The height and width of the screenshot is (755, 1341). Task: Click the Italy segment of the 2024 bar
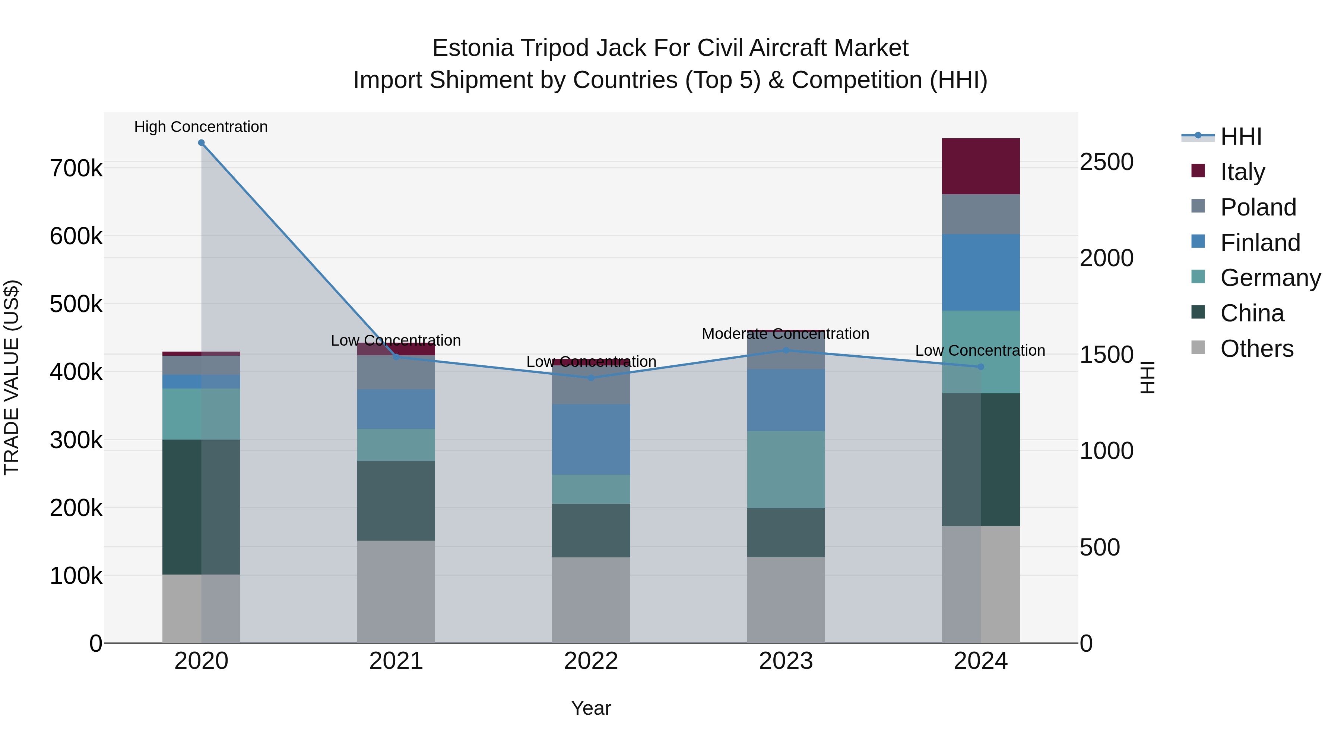pos(980,166)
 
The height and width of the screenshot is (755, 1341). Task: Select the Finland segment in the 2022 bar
pos(591,439)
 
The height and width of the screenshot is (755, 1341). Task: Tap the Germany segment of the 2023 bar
pos(786,469)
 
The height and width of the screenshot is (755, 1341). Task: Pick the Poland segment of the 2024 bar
pos(980,214)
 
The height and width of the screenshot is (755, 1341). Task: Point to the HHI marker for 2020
pos(202,143)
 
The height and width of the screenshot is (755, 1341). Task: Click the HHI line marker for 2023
pos(786,350)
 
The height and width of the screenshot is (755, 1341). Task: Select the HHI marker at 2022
pos(591,378)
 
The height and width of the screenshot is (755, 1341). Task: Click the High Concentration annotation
pos(201,127)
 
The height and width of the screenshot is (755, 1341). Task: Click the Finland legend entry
pos(1260,243)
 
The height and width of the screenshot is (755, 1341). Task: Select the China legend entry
pos(1252,314)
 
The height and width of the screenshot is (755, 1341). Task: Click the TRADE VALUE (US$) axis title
pos(12,377)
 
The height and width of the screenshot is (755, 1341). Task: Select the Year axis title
pos(591,708)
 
